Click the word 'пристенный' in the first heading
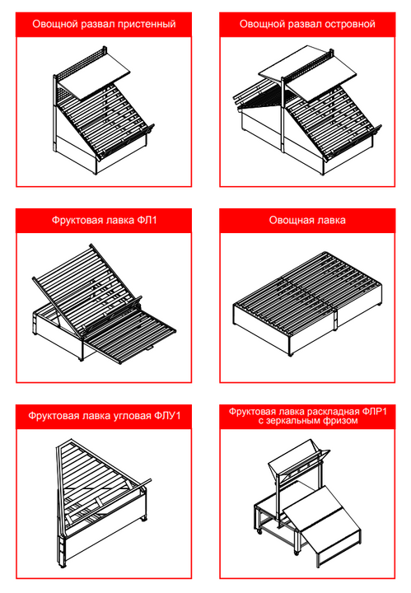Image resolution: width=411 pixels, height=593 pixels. point(147,24)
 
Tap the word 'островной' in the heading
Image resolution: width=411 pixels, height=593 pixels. point(348,24)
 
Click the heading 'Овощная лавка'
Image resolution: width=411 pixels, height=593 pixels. point(307,220)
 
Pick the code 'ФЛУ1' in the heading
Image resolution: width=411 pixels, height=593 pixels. point(167,416)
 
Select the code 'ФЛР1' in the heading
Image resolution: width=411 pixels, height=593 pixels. point(374,412)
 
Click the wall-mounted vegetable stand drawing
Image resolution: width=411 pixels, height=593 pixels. point(103,110)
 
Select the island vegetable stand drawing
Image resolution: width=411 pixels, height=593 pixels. point(307,110)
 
